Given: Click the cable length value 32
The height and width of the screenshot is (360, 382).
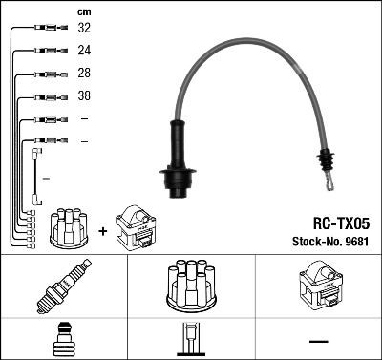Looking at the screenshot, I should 84,28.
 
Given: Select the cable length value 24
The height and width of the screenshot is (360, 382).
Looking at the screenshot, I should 84,51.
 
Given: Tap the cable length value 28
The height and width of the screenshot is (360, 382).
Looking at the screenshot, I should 84,74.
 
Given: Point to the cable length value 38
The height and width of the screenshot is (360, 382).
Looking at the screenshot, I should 84,96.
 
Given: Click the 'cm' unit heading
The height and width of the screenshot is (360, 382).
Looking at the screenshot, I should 83,11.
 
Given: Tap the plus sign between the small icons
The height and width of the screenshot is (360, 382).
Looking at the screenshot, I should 102,230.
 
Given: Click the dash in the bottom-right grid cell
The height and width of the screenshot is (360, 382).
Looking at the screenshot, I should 318,341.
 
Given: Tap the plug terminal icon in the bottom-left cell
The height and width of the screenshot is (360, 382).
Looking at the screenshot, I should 63,340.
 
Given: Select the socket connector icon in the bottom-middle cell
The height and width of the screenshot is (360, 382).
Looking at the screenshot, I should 190,340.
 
